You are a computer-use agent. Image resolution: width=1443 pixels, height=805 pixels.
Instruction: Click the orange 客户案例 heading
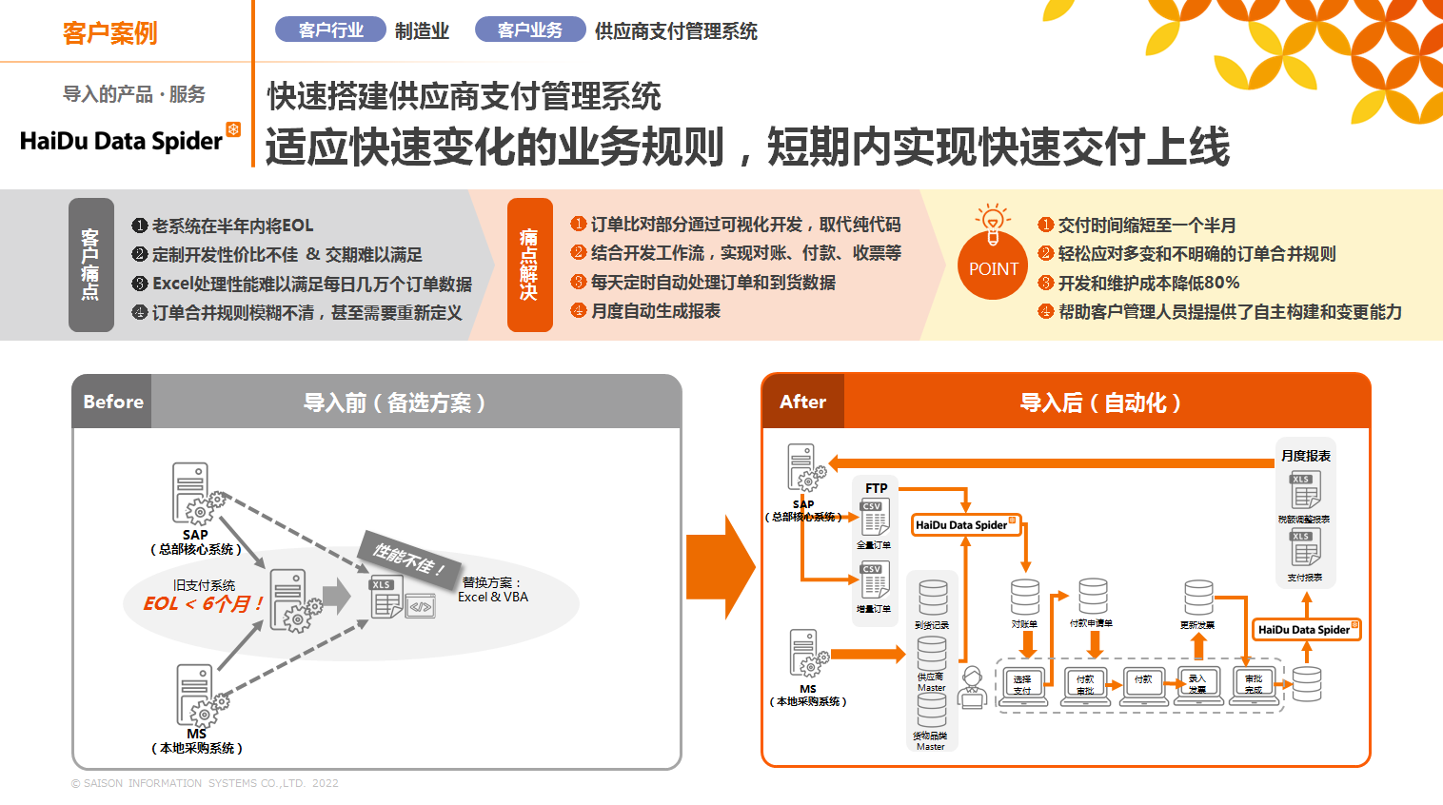tap(109, 33)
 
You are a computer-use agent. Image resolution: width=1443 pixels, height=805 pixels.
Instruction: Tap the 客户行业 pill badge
tap(330, 30)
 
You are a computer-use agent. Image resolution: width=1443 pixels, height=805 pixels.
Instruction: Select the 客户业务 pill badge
tap(529, 30)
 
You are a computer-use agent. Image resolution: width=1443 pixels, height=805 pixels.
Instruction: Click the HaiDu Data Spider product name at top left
tap(122, 141)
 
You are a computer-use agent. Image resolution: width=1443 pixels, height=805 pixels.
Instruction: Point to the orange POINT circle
tap(993, 268)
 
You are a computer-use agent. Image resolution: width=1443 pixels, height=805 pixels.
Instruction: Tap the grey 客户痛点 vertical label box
tap(90, 265)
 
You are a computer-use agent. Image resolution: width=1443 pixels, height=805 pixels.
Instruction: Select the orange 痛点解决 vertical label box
tap(529, 265)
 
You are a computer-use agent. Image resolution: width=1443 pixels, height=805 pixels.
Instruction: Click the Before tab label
tap(113, 402)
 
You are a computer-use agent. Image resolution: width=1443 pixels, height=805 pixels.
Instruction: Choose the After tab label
tap(802, 402)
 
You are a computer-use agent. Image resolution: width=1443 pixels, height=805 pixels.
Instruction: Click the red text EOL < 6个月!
tap(203, 603)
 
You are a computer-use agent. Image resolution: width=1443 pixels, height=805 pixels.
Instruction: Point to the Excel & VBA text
tap(492, 598)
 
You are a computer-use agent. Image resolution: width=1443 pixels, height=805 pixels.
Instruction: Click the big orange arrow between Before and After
tap(721, 567)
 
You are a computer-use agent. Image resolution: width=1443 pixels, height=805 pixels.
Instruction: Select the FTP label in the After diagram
tap(876, 488)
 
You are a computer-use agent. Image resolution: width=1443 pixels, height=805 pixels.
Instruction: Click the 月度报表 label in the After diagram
tap(1305, 456)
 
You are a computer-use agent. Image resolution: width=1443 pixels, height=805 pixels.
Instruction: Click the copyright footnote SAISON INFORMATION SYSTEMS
tap(205, 783)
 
